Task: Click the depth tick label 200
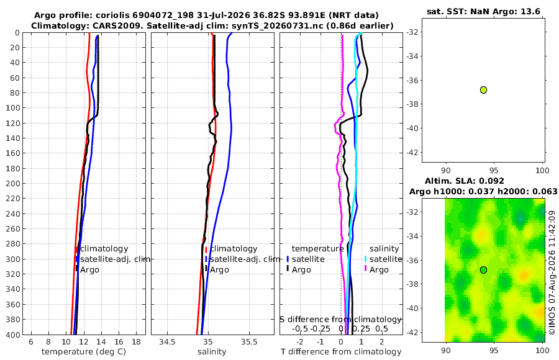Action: (13, 183)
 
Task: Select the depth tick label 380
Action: (13, 320)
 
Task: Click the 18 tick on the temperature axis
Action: (136, 342)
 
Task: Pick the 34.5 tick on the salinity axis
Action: (167, 342)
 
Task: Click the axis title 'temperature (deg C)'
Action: (84, 352)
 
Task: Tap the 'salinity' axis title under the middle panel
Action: (212, 352)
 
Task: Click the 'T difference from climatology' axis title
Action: (341, 352)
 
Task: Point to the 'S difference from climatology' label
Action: (340, 320)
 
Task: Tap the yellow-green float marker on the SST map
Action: (483, 90)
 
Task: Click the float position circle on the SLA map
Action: (483, 270)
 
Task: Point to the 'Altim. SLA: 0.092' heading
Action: (464, 181)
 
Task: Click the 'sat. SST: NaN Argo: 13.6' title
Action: (483, 11)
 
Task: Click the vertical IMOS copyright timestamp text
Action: (552, 272)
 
